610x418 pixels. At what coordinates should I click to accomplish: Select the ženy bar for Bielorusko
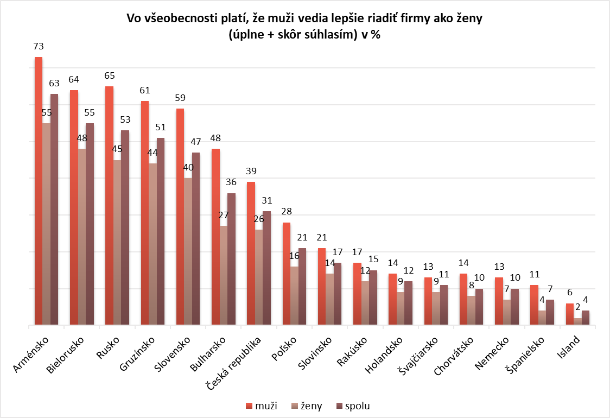point(82,237)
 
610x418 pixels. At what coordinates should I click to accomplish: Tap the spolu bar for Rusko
point(125,227)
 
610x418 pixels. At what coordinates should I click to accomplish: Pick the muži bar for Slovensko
point(180,217)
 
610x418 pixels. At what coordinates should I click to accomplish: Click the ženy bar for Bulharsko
point(224,275)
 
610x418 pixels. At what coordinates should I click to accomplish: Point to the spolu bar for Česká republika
point(266,268)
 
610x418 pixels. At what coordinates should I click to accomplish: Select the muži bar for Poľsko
point(287,274)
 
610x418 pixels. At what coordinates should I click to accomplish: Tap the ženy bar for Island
point(577,321)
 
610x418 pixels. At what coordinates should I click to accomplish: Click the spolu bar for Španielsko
point(550,312)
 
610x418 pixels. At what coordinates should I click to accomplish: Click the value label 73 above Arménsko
point(38,46)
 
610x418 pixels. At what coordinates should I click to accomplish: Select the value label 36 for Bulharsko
point(231,182)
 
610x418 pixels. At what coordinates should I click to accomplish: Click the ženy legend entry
point(307,406)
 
